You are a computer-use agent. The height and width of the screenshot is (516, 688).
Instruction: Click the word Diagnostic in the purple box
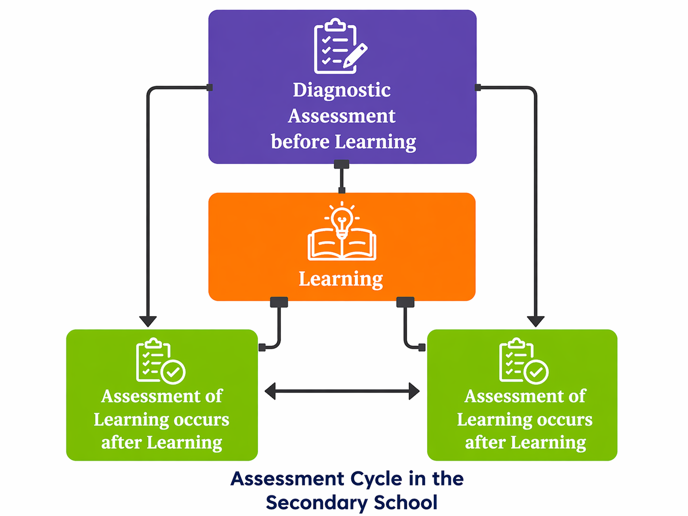point(342,90)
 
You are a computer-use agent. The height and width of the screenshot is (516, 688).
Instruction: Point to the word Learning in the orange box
point(341,279)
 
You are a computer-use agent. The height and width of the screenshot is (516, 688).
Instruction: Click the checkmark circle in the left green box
point(173,372)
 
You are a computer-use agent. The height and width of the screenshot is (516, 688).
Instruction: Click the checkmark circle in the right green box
point(536,372)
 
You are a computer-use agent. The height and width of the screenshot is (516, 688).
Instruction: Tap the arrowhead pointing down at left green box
point(148,321)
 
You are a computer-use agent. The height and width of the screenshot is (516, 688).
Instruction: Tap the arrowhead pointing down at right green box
point(535,321)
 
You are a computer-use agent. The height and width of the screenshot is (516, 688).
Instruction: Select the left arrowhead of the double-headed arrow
point(271,392)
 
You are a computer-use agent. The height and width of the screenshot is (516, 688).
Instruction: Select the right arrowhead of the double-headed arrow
point(414,392)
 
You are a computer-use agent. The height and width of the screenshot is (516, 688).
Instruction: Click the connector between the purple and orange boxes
point(342,177)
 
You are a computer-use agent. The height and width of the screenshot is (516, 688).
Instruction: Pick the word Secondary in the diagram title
point(316,503)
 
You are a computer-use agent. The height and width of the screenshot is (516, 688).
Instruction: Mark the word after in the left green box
point(121,442)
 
